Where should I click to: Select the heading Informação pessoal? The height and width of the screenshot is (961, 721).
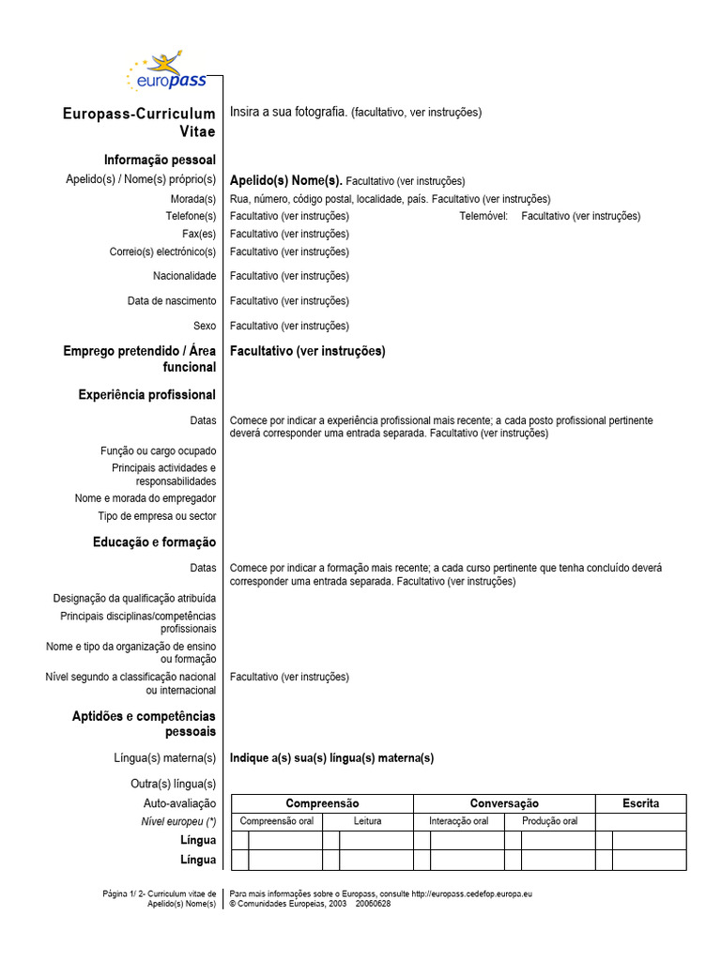click(160, 160)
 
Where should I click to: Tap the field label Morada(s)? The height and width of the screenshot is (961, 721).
click(192, 199)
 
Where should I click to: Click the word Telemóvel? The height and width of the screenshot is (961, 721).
click(483, 216)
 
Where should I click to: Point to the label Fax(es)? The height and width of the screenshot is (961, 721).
click(199, 234)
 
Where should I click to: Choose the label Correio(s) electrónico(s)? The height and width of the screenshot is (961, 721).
click(162, 252)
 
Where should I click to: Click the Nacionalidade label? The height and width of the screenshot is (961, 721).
click(184, 276)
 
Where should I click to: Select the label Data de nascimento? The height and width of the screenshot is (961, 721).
click(172, 301)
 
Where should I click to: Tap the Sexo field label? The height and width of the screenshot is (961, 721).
click(204, 326)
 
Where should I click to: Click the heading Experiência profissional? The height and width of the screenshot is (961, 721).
click(146, 395)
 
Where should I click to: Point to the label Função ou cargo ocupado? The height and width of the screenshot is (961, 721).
click(158, 451)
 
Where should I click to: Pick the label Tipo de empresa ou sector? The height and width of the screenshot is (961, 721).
click(157, 516)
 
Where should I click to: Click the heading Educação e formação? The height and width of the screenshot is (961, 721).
click(154, 542)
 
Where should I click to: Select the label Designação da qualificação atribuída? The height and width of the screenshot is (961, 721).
click(134, 598)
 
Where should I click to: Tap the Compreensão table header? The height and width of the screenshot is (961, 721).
click(322, 803)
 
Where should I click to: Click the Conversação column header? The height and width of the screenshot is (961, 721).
click(504, 803)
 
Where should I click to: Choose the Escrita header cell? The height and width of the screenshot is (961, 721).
click(640, 803)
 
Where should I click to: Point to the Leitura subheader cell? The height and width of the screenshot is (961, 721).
click(367, 821)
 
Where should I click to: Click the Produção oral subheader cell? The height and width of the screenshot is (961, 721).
click(549, 821)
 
